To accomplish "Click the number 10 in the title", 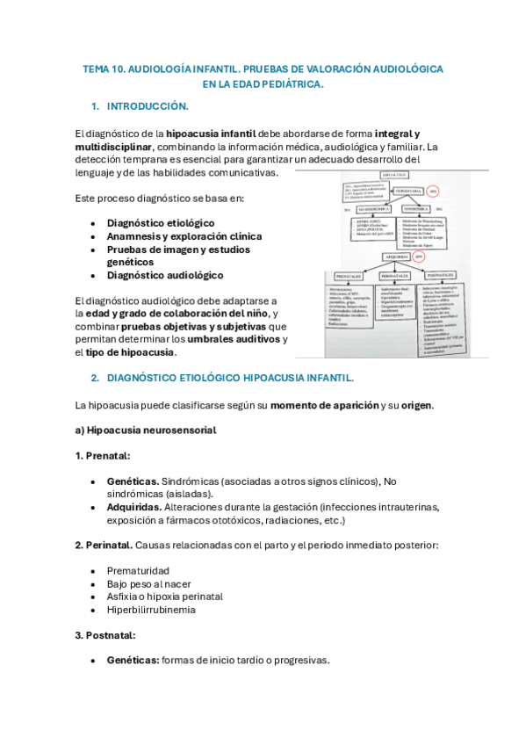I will (120, 68).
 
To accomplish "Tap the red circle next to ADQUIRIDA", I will (419, 257).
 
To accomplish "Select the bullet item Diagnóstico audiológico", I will (165, 275).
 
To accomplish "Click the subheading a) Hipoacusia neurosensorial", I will (146, 430).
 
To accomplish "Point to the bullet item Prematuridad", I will (138, 571).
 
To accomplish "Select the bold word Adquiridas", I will (133, 508).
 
